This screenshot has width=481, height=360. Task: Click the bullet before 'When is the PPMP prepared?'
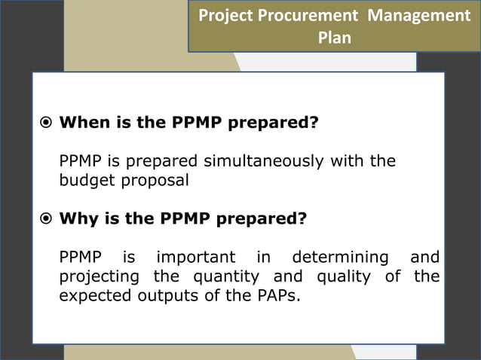45,123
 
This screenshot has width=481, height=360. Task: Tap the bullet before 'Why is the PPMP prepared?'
45,219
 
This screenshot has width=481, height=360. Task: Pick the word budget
84,181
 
